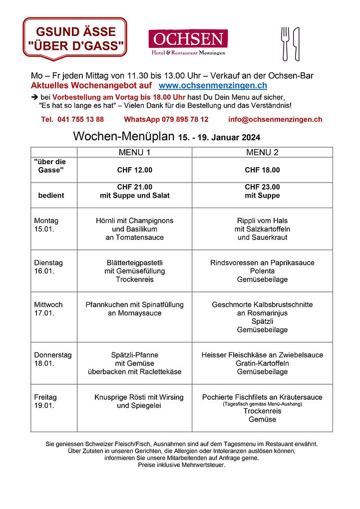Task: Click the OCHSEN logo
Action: pos(188,42)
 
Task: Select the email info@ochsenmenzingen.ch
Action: pos(275,119)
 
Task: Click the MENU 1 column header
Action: pos(134,152)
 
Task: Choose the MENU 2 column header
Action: pos(262,152)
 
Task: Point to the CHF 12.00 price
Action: pos(134,170)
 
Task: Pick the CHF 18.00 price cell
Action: pos(262,170)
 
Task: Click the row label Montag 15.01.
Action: pos(46,225)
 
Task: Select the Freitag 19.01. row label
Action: pos(45,402)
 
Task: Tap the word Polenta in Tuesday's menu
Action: pos(262,271)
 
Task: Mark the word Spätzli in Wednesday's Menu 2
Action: pos(262,321)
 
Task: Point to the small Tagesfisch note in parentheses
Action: pos(262,404)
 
